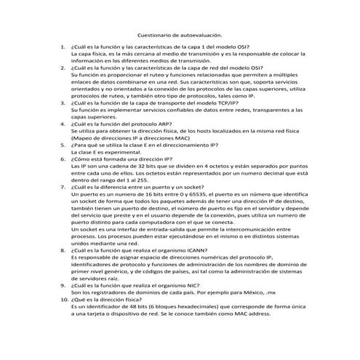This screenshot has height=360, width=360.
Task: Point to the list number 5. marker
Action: (63, 144)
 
